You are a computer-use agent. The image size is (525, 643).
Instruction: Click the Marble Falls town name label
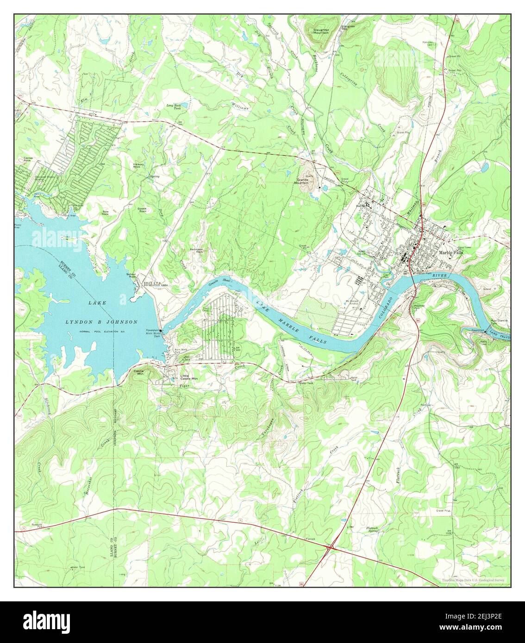[450, 253]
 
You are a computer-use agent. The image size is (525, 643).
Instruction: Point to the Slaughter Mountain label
[320, 31]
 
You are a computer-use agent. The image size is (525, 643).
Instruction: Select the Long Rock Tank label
[177, 106]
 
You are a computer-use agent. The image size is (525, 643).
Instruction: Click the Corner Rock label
[27, 160]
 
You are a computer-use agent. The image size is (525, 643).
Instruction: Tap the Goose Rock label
[142, 210]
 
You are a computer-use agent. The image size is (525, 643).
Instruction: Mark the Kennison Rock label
[197, 250]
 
